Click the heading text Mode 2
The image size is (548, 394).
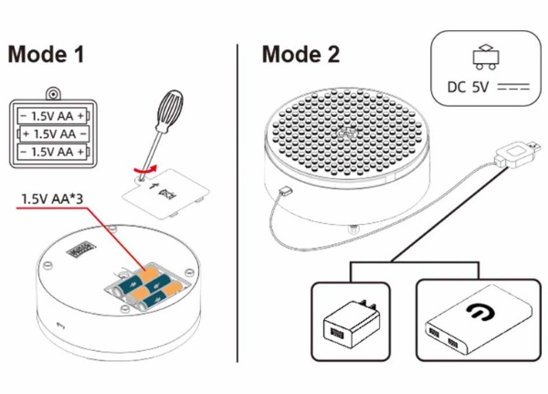click(300, 54)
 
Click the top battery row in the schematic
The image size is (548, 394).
click(56, 116)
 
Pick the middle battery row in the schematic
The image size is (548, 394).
click(56, 133)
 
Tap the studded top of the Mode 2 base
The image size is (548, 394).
click(347, 133)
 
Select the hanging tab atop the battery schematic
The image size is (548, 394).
click(55, 94)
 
